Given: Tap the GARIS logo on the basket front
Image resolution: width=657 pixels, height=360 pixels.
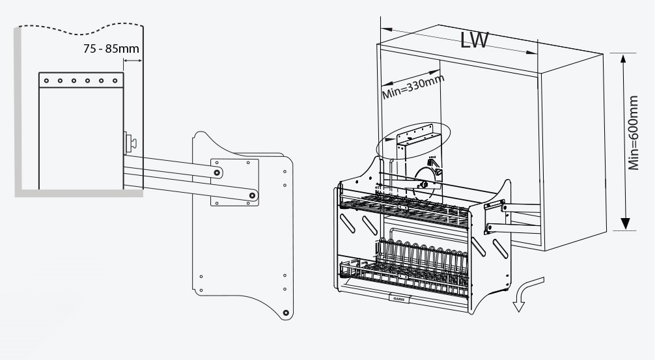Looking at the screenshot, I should (398, 298).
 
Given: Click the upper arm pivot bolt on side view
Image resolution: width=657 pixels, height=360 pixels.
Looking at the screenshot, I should (217, 172).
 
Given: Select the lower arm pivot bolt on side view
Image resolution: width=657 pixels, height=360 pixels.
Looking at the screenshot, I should (254, 195).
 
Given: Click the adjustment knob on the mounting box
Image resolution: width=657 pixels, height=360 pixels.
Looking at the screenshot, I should (130, 141).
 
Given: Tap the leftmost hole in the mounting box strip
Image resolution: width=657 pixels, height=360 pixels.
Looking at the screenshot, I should (46, 81).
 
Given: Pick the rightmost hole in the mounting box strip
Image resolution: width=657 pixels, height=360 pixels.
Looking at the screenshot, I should (115, 81).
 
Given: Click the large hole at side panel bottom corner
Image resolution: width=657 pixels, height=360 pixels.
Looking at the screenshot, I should (285, 314).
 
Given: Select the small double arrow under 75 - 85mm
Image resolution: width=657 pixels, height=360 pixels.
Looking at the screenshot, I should (132, 61).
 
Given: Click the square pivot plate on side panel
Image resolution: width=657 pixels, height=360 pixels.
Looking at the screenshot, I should (234, 182).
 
